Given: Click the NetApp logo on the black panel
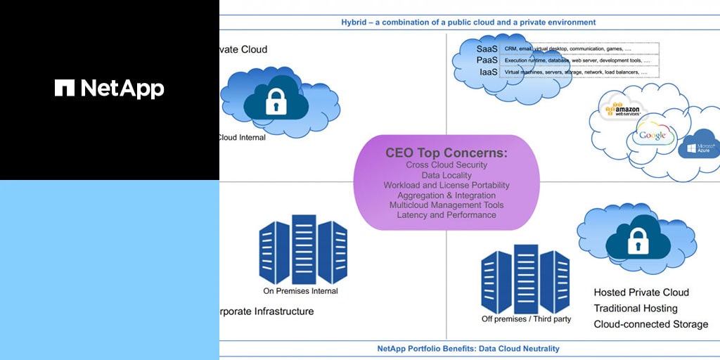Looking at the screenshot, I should point(109,88).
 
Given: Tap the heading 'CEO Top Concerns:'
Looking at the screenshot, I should point(446,153).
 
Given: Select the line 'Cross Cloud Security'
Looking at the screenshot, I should point(446,165).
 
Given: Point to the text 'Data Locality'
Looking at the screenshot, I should point(446,175).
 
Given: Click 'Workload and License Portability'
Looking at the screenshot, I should point(446,185).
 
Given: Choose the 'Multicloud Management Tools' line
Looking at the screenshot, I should point(446,205).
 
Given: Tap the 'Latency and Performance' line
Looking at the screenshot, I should point(446,214).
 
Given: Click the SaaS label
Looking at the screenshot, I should point(487,49).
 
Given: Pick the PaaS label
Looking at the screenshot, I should point(487,60).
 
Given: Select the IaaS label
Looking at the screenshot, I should point(487,72).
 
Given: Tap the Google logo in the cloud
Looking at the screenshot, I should point(652,136).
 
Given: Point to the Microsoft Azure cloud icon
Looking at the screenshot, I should point(697,146).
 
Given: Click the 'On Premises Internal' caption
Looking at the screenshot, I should point(300,291).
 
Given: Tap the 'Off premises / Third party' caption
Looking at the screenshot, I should point(526,319).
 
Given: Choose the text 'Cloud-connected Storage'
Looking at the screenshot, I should point(650,324).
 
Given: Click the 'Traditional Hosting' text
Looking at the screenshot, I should point(636,308).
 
